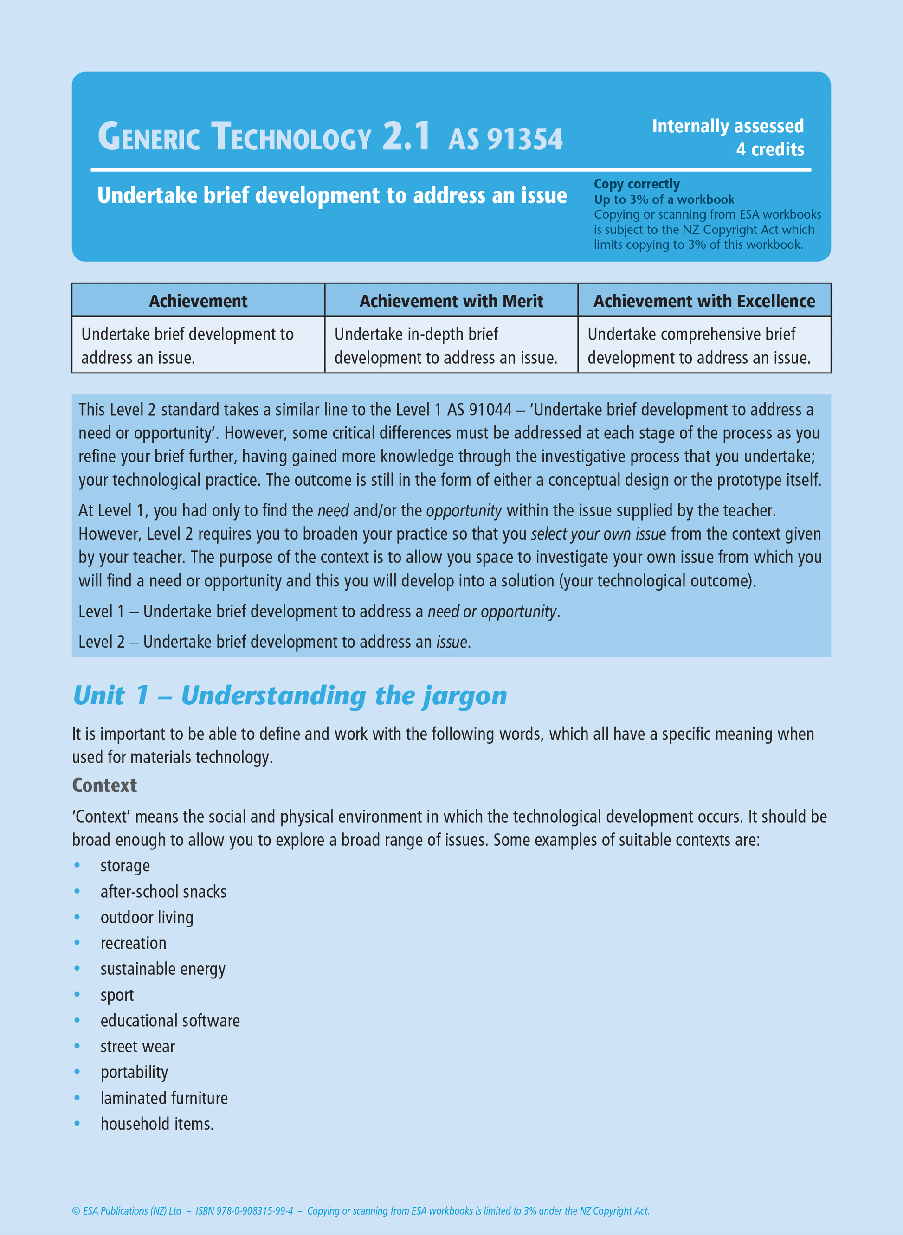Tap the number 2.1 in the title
pyautogui.click(x=406, y=136)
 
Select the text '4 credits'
pyautogui.click(x=770, y=149)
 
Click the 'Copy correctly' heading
pyautogui.click(x=637, y=184)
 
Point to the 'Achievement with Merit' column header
pyautogui.click(x=451, y=301)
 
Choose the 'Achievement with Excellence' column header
pyautogui.click(x=704, y=301)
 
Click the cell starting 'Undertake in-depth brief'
pyautogui.click(x=445, y=345)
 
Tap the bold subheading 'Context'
pyautogui.click(x=104, y=785)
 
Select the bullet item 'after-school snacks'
pyautogui.click(x=163, y=891)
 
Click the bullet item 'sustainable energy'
pyautogui.click(x=163, y=969)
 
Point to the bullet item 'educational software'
pyautogui.click(x=170, y=1020)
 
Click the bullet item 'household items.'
pyautogui.click(x=157, y=1124)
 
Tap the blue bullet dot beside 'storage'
pyautogui.click(x=77, y=865)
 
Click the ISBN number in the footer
pyautogui.click(x=245, y=1210)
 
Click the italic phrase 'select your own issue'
pyautogui.click(x=598, y=534)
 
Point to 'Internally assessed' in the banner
pyautogui.click(x=728, y=126)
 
